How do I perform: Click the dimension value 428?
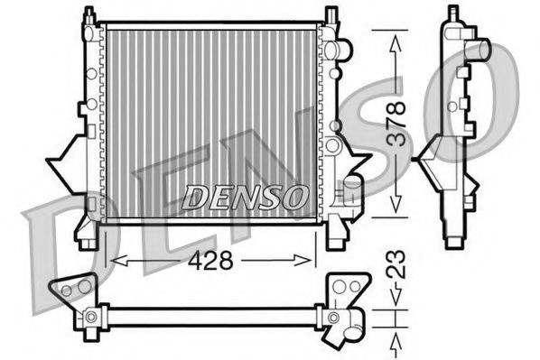click(x=210, y=260)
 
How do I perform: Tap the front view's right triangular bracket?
click(x=355, y=168)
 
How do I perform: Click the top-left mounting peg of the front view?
click(x=88, y=15)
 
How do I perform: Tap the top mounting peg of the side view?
click(x=450, y=14)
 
